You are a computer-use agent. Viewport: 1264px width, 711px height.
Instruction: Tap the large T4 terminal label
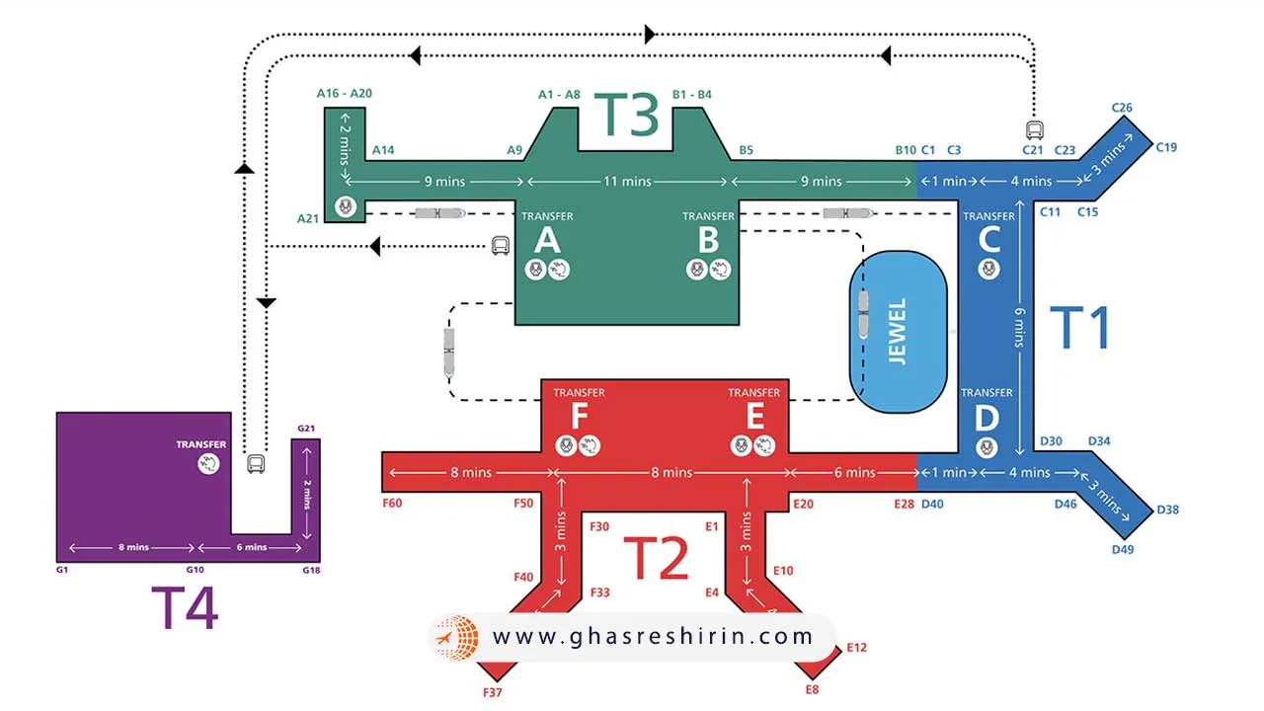pos(185,607)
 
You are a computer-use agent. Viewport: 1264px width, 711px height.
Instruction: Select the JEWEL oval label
pos(898,332)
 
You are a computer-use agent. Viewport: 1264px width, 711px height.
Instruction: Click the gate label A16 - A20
pos(345,93)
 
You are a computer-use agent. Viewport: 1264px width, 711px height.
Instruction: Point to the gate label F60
pos(392,504)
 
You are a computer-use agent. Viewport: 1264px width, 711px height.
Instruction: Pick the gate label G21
pos(306,429)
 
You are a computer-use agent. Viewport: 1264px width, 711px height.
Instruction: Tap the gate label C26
pos(1122,108)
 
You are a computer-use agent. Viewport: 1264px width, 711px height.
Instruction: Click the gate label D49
pos(1123,549)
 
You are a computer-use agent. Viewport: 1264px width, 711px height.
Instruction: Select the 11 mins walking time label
pos(628,182)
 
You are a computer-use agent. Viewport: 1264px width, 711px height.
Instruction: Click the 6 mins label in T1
pos(1019,326)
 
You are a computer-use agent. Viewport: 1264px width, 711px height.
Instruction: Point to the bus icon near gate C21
pos(1034,130)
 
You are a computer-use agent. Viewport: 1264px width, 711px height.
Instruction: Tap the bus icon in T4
pos(256,463)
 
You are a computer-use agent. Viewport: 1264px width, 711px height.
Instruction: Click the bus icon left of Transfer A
pos(501,246)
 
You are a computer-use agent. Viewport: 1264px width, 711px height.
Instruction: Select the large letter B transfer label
pos(708,240)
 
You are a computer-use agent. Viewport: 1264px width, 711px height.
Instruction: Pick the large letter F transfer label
pos(579,417)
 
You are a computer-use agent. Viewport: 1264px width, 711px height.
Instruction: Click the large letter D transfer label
pos(987,418)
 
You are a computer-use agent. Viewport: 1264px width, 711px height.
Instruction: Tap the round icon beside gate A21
pos(345,206)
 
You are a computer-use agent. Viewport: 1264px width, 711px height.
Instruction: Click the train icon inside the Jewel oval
pos(864,315)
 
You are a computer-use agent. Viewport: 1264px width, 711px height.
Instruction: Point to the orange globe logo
pos(456,638)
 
